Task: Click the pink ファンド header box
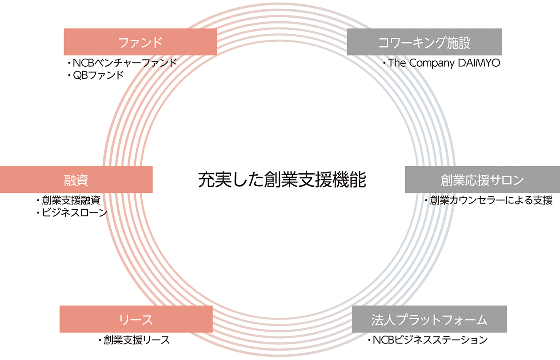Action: tap(140, 42)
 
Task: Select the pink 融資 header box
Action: tap(76, 179)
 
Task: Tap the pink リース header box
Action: tap(136, 319)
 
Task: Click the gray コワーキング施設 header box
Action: tap(424, 42)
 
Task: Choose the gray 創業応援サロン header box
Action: tap(482, 179)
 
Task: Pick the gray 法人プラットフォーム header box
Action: tap(429, 319)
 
